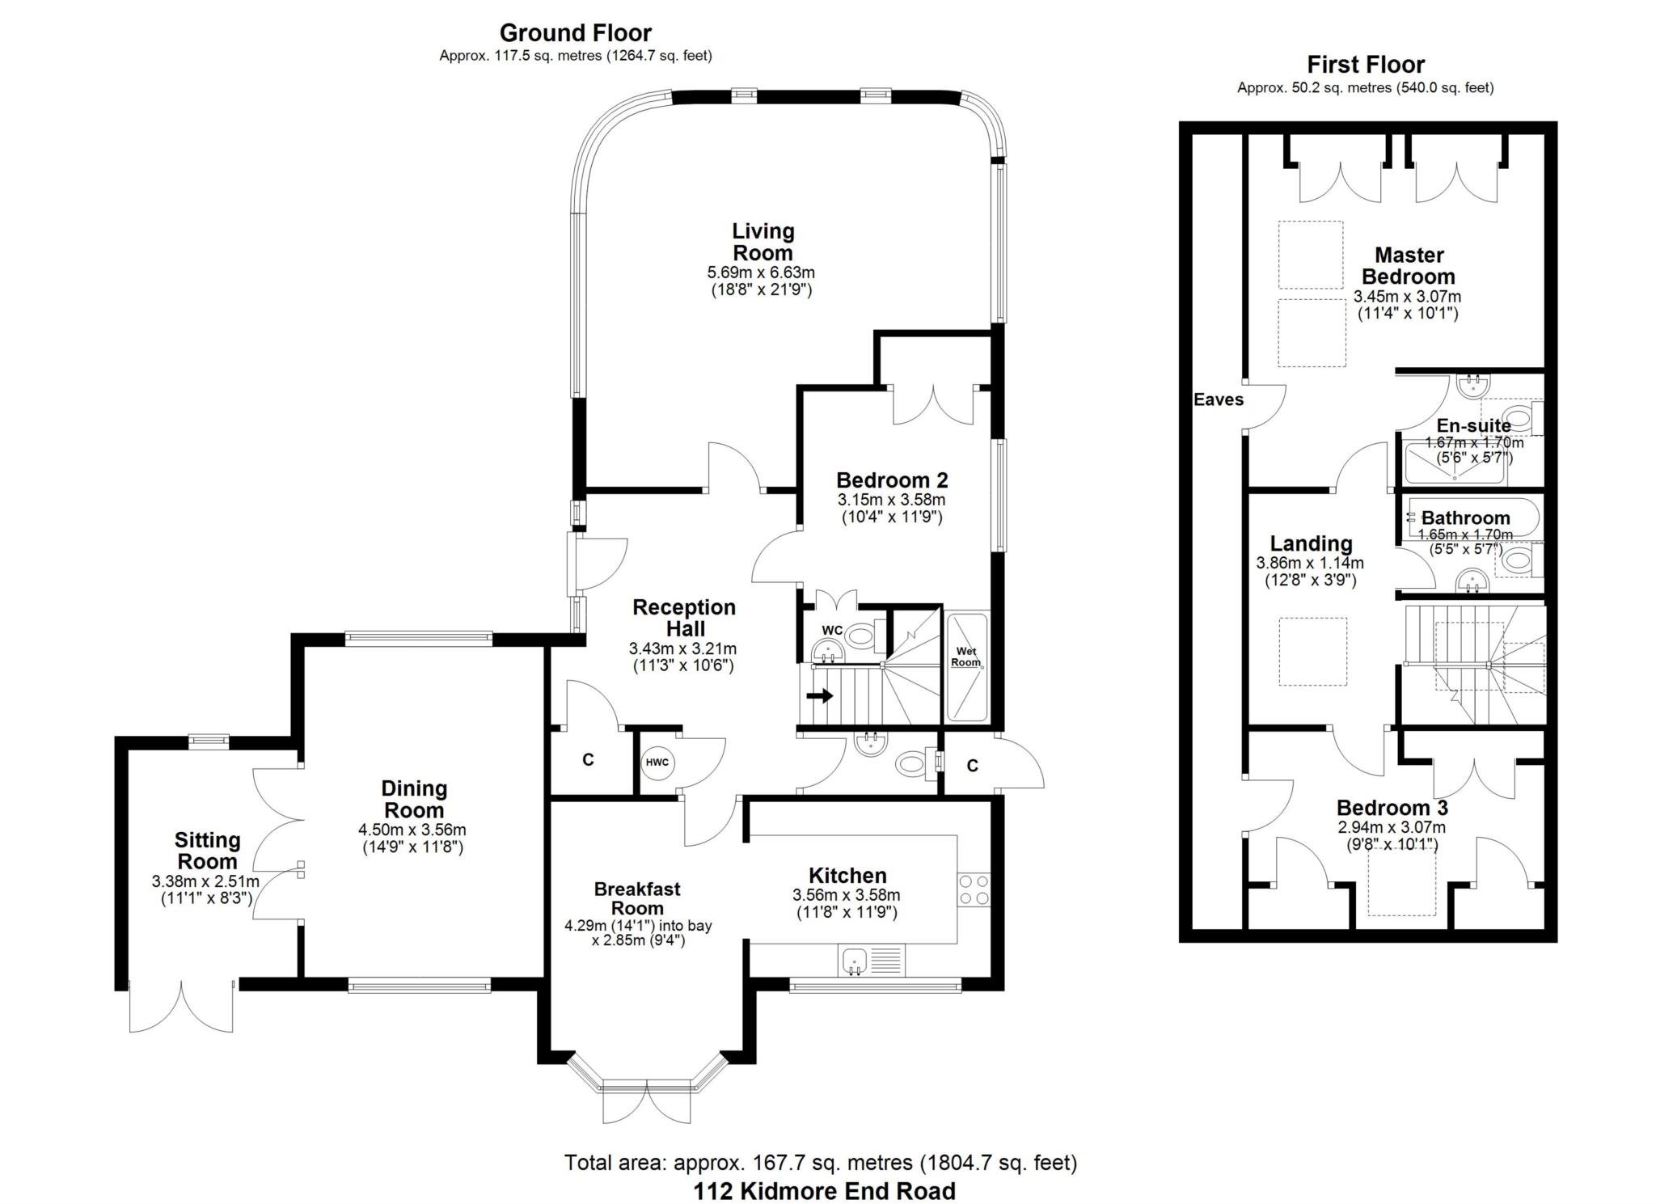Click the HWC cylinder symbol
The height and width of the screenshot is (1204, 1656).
coord(657,762)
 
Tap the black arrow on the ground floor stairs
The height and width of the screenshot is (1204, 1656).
coord(820,695)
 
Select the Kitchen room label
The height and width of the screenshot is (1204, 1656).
coord(847,875)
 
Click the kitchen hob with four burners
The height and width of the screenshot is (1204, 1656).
coord(974,889)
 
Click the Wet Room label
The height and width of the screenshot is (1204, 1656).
coord(966,657)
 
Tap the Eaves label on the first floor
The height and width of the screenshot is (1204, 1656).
coord(1219,399)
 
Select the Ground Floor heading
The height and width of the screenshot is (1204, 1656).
coord(575,33)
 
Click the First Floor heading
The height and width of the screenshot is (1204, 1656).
coord(1366,65)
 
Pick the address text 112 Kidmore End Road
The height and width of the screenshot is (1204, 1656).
coord(824,1190)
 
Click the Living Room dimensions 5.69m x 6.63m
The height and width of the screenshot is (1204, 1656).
coord(761,272)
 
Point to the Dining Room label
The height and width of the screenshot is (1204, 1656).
coord(414,799)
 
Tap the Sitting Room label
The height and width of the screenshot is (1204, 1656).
coord(208,850)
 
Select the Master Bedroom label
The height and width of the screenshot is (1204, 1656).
coord(1409,265)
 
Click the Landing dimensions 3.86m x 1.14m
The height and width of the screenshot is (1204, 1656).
coord(1310,563)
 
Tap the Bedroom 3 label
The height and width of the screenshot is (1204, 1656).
coord(1392,807)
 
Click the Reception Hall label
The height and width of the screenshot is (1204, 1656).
coord(684,618)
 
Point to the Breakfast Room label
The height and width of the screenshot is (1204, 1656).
coord(637,898)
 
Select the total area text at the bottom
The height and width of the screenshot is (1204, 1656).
coord(821,1163)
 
